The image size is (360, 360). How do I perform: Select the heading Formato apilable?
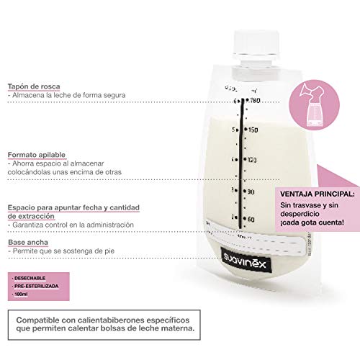(x=35, y=154)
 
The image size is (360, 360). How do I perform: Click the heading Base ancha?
(x=25, y=242)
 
